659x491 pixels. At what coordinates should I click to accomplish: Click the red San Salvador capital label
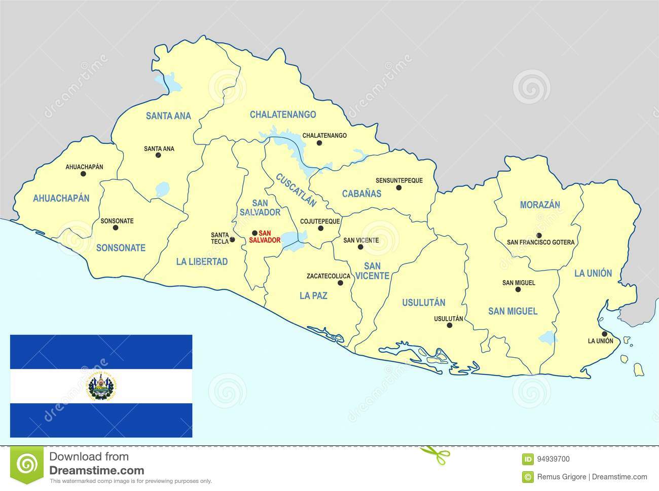(x=269, y=237)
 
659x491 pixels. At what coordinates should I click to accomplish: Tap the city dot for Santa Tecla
(x=232, y=240)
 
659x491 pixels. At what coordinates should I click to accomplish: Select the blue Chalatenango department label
(x=282, y=115)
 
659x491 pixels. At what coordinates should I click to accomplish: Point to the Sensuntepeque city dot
(x=398, y=187)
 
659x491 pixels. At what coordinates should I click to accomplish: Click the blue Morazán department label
(x=540, y=205)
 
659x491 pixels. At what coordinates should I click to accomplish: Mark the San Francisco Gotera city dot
(x=539, y=235)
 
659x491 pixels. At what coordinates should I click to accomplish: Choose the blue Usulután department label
(x=423, y=303)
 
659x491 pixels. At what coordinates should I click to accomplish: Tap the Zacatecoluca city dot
(x=340, y=283)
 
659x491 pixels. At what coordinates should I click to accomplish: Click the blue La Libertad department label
(x=202, y=261)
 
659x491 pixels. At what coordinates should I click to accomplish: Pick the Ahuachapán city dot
(x=83, y=174)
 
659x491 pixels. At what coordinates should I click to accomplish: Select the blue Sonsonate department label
(x=121, y=248)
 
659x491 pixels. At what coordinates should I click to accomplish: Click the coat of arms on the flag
(x=101, y=387)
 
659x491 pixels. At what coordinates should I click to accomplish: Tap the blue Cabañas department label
(x=361, y=193)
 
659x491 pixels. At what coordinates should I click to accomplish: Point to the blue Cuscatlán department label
(x=296, y=190)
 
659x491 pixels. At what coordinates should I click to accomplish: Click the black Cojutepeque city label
(x=320, y=221)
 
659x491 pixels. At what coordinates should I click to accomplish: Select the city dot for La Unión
(x=604, y=333)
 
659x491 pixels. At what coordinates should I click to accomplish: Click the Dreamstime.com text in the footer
(x=96, y=471)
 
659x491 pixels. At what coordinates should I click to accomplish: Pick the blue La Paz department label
(x=313, y=295)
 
